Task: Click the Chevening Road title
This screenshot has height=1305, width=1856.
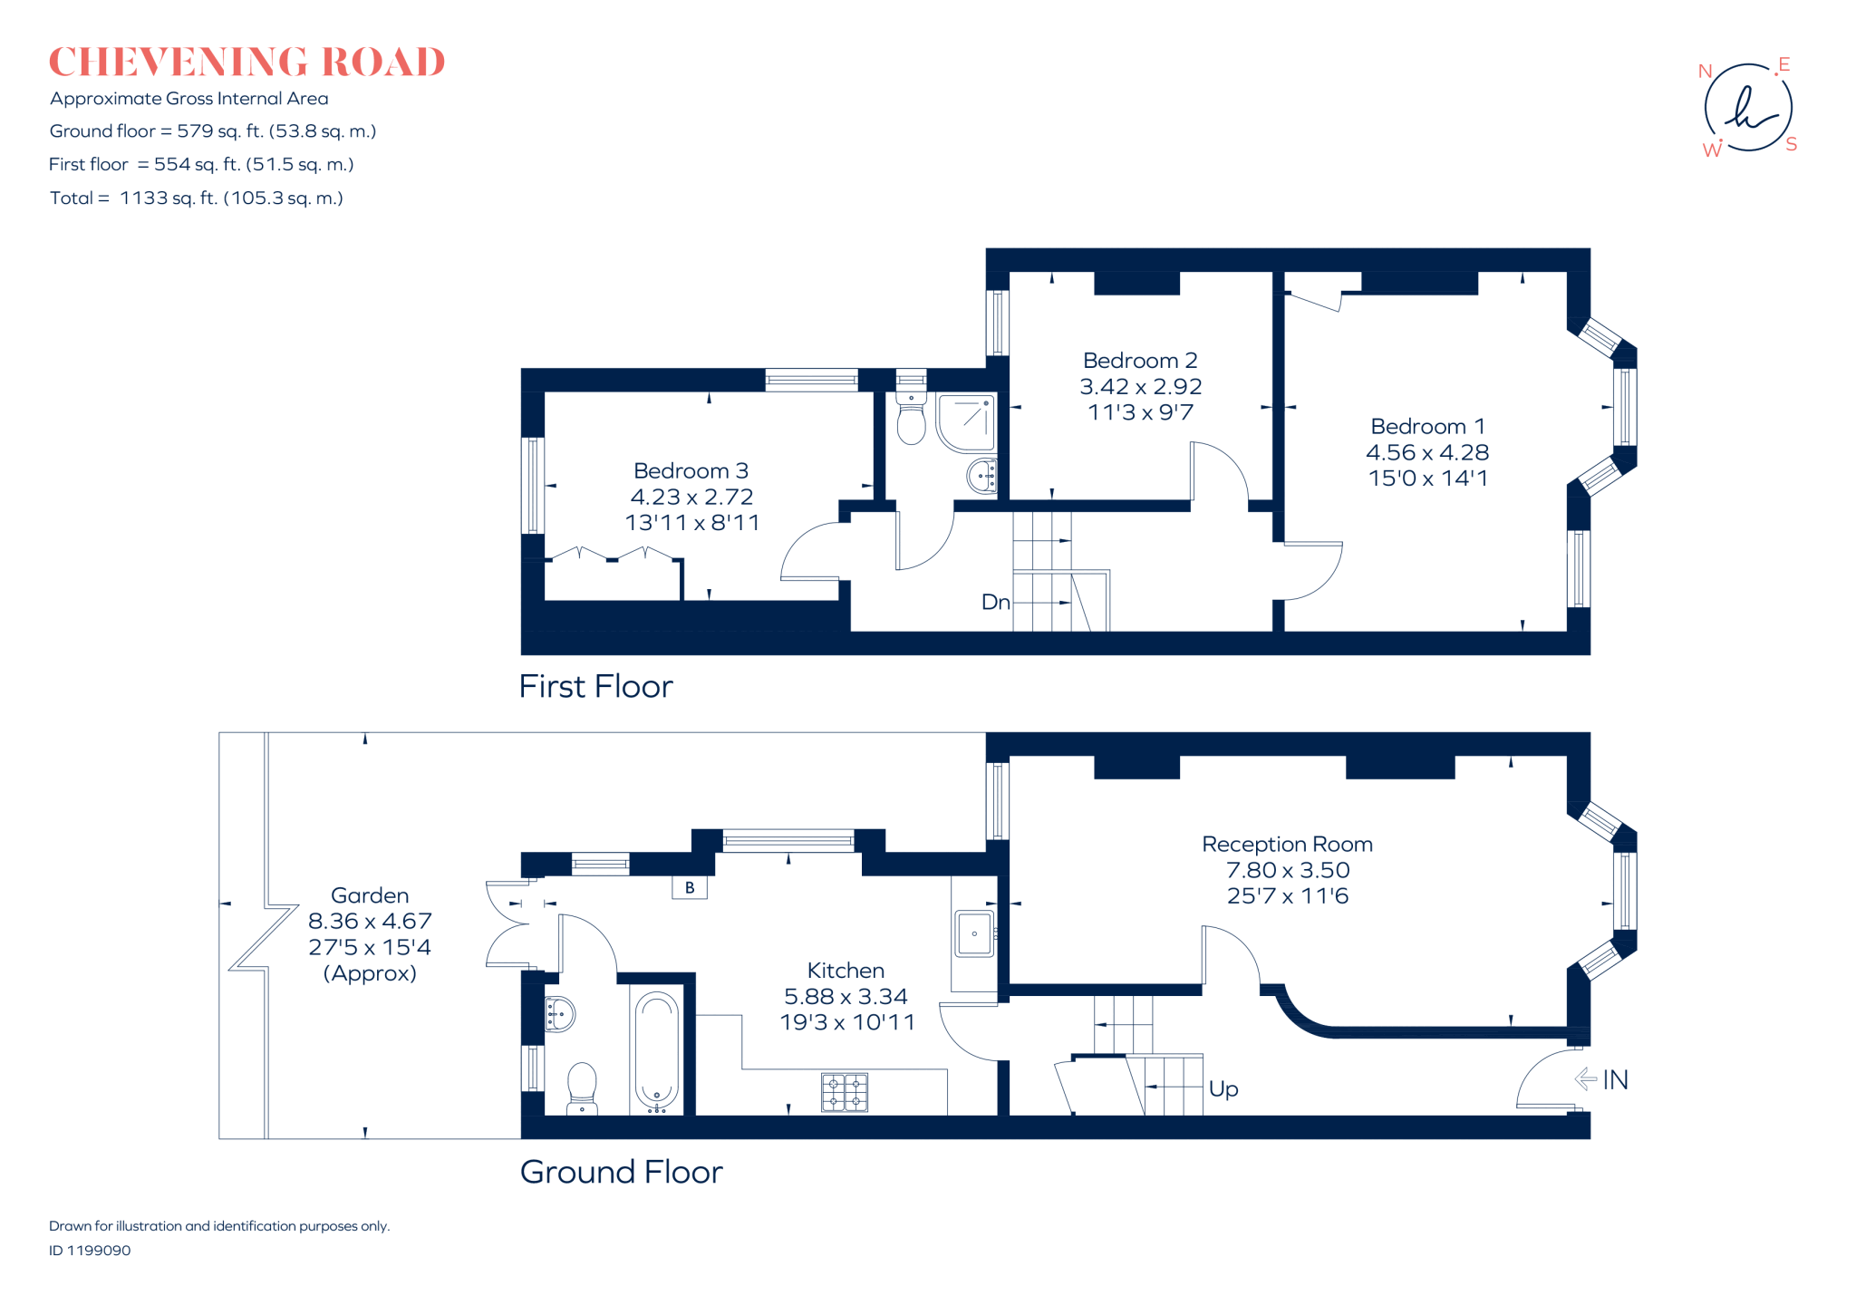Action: click(x=246, y=62)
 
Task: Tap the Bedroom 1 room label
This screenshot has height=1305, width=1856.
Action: click(x=1427, y=427)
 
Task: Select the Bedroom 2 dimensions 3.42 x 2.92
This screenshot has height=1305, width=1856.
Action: click(x=1140, y=387)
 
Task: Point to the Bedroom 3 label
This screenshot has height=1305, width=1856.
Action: click(x=691, y=471)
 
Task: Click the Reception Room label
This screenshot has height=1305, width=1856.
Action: click(x=1287, y=845)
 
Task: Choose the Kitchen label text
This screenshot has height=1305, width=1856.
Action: click(x=846, y=971)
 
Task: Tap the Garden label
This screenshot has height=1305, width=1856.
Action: click(x=370, y=895)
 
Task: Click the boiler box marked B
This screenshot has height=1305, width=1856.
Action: click(x=690, y=887)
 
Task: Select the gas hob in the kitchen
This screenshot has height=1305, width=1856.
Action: click(x=845, y=1092)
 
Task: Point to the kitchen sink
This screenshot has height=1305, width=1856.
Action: click(x=974, y=933)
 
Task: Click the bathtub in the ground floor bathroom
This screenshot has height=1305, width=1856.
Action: click(x=657, y=1051)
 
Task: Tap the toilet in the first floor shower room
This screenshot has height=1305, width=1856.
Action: click(x=911, y=419)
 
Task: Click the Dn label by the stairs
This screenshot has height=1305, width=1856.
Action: click(x=995, y=603)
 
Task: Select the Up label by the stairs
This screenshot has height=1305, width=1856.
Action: click(x=1223, y=1088)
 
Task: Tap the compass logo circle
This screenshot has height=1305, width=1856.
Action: click(x=1748, y=108)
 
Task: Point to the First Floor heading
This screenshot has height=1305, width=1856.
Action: click(x=595, y=687)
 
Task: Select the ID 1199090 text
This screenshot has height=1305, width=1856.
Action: click(x=90, y=1251)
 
